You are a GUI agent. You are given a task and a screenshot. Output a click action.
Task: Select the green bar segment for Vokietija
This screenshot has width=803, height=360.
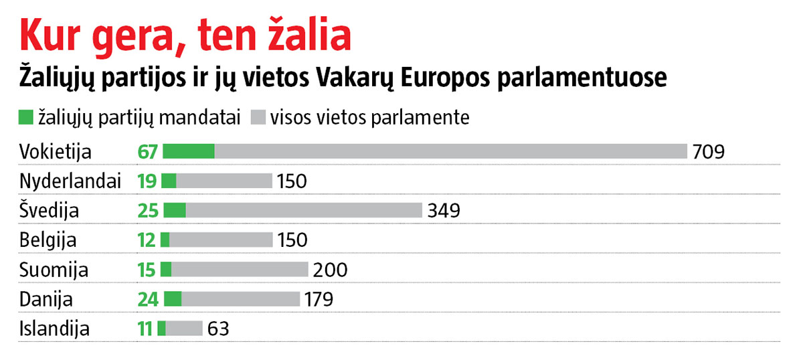[x=189, y=151]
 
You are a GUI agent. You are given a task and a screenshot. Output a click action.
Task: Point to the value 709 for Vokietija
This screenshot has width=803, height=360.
[x=709, y=151]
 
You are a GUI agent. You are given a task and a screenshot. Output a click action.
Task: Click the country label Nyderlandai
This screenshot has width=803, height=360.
[x=70, y=181]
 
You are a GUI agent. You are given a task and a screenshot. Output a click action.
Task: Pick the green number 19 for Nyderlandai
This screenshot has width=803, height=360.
[x=147, y=181]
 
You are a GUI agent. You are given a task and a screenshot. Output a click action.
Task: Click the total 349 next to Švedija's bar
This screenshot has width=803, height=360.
[x=444, y=211]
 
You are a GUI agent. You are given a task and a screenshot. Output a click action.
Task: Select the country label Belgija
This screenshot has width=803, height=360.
[x=48, y=240]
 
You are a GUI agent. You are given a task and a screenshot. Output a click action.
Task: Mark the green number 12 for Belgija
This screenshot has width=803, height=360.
[x=147, y=240]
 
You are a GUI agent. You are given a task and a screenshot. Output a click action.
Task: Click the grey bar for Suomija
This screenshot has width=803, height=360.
[x=239, y=270]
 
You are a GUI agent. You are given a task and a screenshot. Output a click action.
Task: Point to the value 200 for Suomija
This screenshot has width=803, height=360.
[x=330, y=270]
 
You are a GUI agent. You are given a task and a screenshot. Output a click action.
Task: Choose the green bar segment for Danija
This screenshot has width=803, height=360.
[x=173, y=299]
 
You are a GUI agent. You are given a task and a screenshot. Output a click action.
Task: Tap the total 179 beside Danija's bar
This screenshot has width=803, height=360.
[x=319, y=299]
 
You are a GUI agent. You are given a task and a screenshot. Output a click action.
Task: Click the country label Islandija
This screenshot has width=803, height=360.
[x=54, y=329]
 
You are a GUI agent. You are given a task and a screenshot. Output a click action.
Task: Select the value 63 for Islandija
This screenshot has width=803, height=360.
[x=218, y=329]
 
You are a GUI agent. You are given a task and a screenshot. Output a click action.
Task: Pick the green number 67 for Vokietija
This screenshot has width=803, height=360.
[x=147, y=151]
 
